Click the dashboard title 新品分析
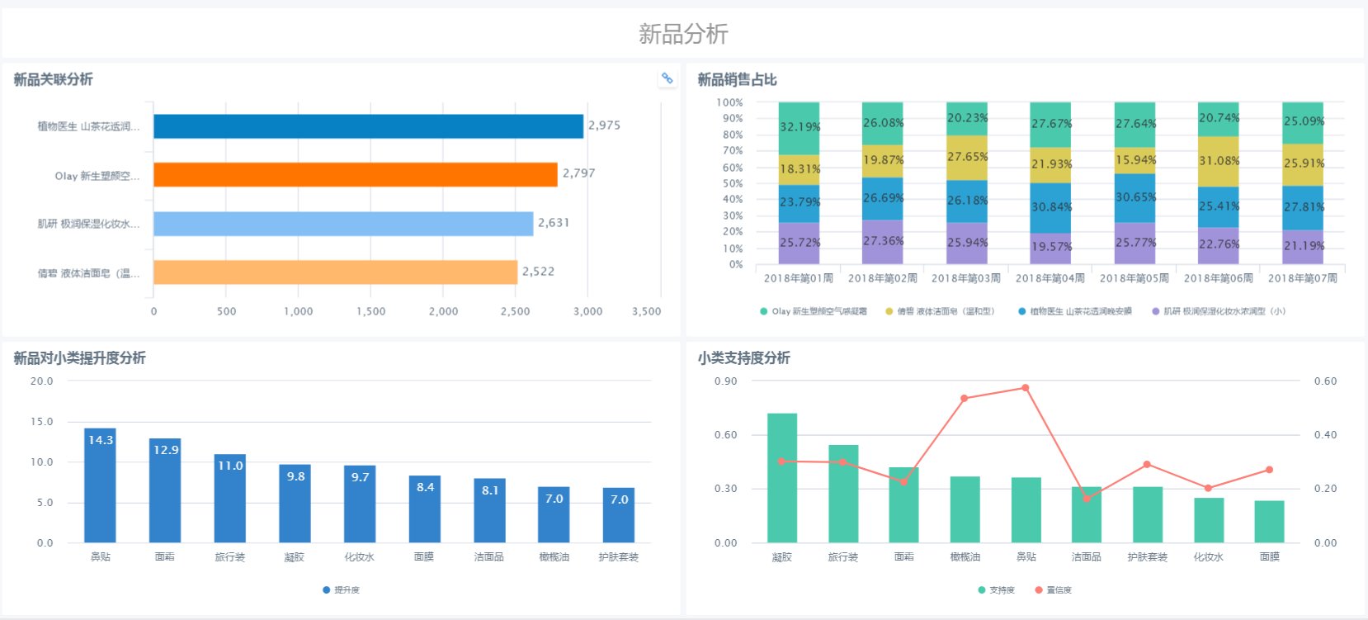tap(683, 34)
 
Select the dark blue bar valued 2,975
tap(368, 126)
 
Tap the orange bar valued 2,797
tap(355, 174)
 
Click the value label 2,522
tap(538, 272)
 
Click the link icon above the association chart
tap(667, 78)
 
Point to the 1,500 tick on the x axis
tap(370, 311)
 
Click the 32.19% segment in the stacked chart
tap(799, 127)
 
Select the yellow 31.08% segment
tap(1218, 161)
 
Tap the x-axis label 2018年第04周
tap(1050, 278)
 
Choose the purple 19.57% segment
tap(1050, 247)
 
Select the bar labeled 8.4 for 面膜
tap(424, 509)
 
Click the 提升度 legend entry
tap(342, 590)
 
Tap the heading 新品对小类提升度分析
tap(79, 358)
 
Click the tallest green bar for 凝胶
tap(781, 478)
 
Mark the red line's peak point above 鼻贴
tap(1026, 388)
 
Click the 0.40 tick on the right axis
tap(1325, 435)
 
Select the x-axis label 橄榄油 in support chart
tap(965, 557)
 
